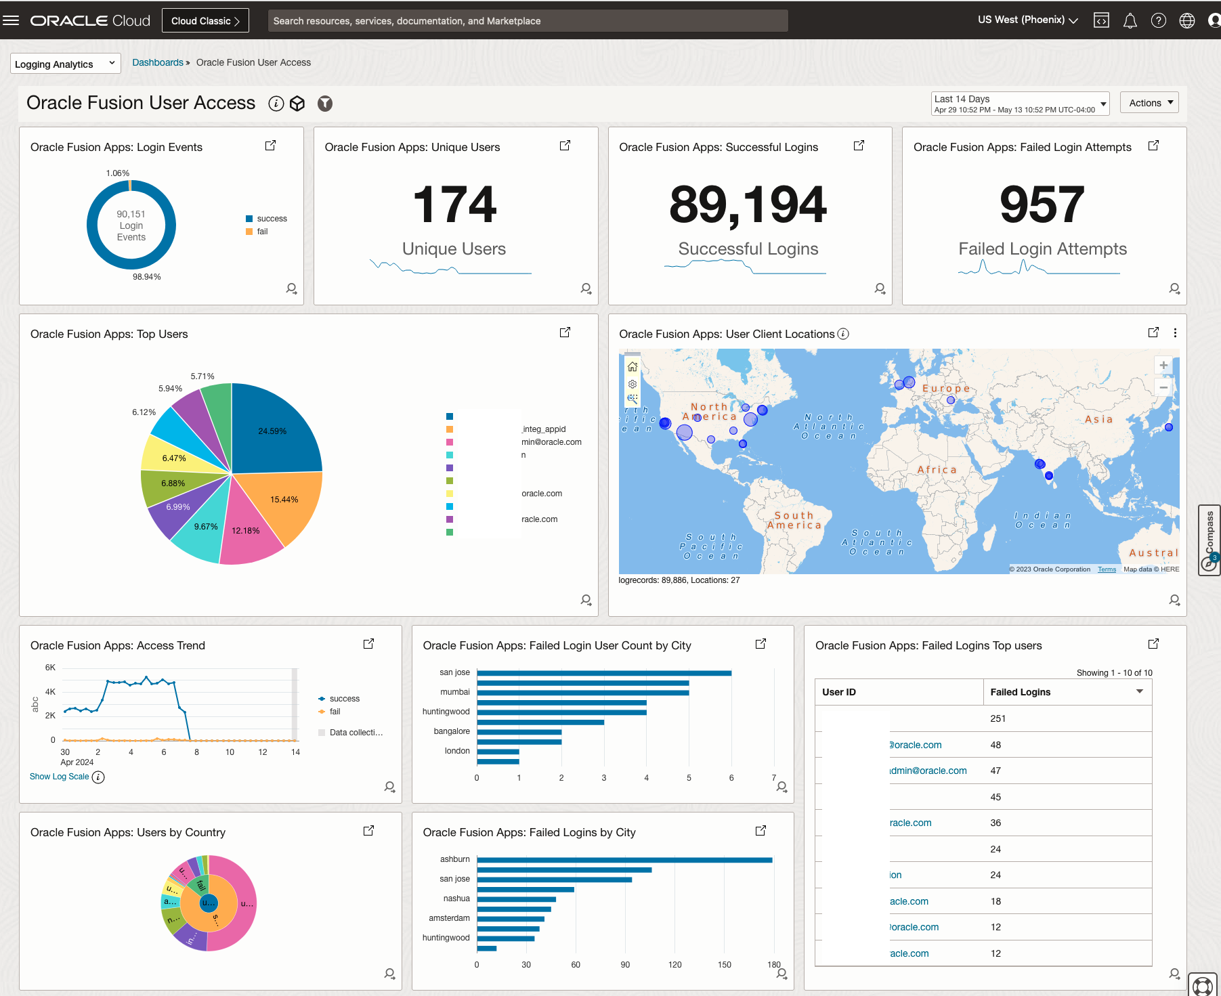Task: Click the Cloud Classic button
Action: (205, 21)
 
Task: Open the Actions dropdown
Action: (1149, 103)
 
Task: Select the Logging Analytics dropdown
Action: (66, 64)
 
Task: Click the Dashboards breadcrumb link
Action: (158, 62)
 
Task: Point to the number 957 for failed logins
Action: (1042, 204)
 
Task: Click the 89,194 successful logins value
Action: (748, 204)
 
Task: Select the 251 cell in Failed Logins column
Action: (998, 718)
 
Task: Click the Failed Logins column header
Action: (1021, 692)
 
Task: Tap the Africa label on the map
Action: (937, 470)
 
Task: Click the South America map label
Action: (794, 520)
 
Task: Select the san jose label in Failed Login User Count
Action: (454, 672)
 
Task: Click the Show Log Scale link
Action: (60, 777)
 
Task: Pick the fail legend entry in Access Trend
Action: (335, 712)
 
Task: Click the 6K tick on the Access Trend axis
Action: (50, 668)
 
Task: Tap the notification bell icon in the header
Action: (1130, 21)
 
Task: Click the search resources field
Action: (528, 21)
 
